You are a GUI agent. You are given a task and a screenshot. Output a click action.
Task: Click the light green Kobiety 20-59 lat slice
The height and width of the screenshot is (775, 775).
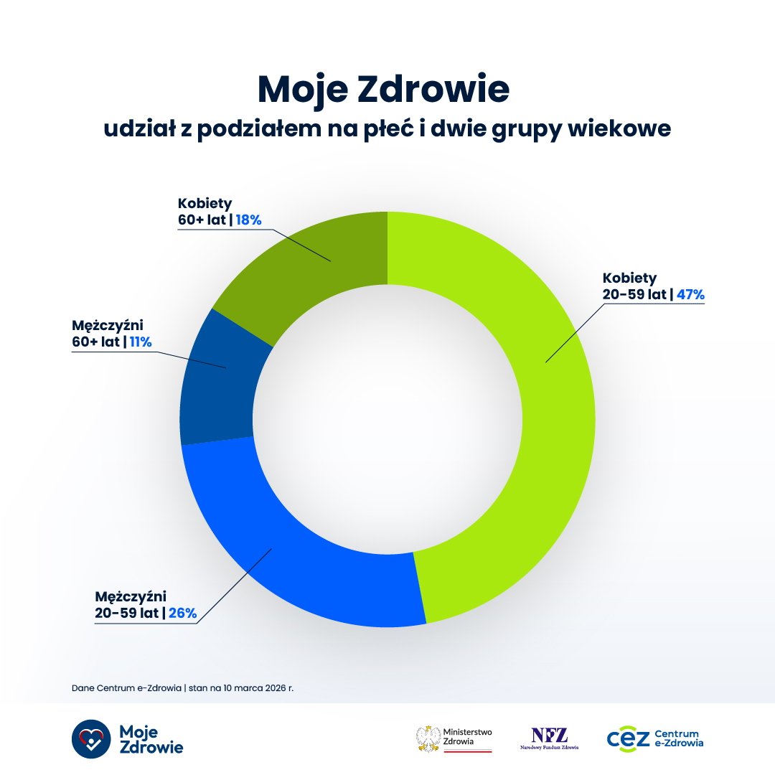(x=545, y=402)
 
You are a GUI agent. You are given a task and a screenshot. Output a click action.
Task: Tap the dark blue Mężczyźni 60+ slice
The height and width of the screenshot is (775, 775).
(x=215, y=387)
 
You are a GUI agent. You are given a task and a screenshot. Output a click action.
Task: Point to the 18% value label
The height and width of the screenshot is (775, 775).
(x=248, y=220)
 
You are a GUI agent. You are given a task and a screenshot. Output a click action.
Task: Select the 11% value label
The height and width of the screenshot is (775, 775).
(x=141, y=342)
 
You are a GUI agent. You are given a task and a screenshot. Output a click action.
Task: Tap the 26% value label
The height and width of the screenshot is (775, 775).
(x=182, y=614)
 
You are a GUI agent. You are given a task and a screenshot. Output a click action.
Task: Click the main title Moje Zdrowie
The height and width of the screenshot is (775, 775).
(x=383, y=90)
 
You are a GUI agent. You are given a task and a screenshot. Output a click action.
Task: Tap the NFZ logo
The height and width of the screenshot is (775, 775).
(x=549, y=736)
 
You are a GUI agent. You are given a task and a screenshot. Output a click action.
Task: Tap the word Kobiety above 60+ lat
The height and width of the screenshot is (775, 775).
(x=205, y=204)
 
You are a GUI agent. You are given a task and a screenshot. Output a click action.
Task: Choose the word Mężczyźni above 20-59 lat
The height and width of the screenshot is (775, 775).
(x=131, y=596)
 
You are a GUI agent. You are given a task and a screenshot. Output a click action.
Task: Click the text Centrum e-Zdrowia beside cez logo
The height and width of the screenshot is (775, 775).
(x=679, y=738)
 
